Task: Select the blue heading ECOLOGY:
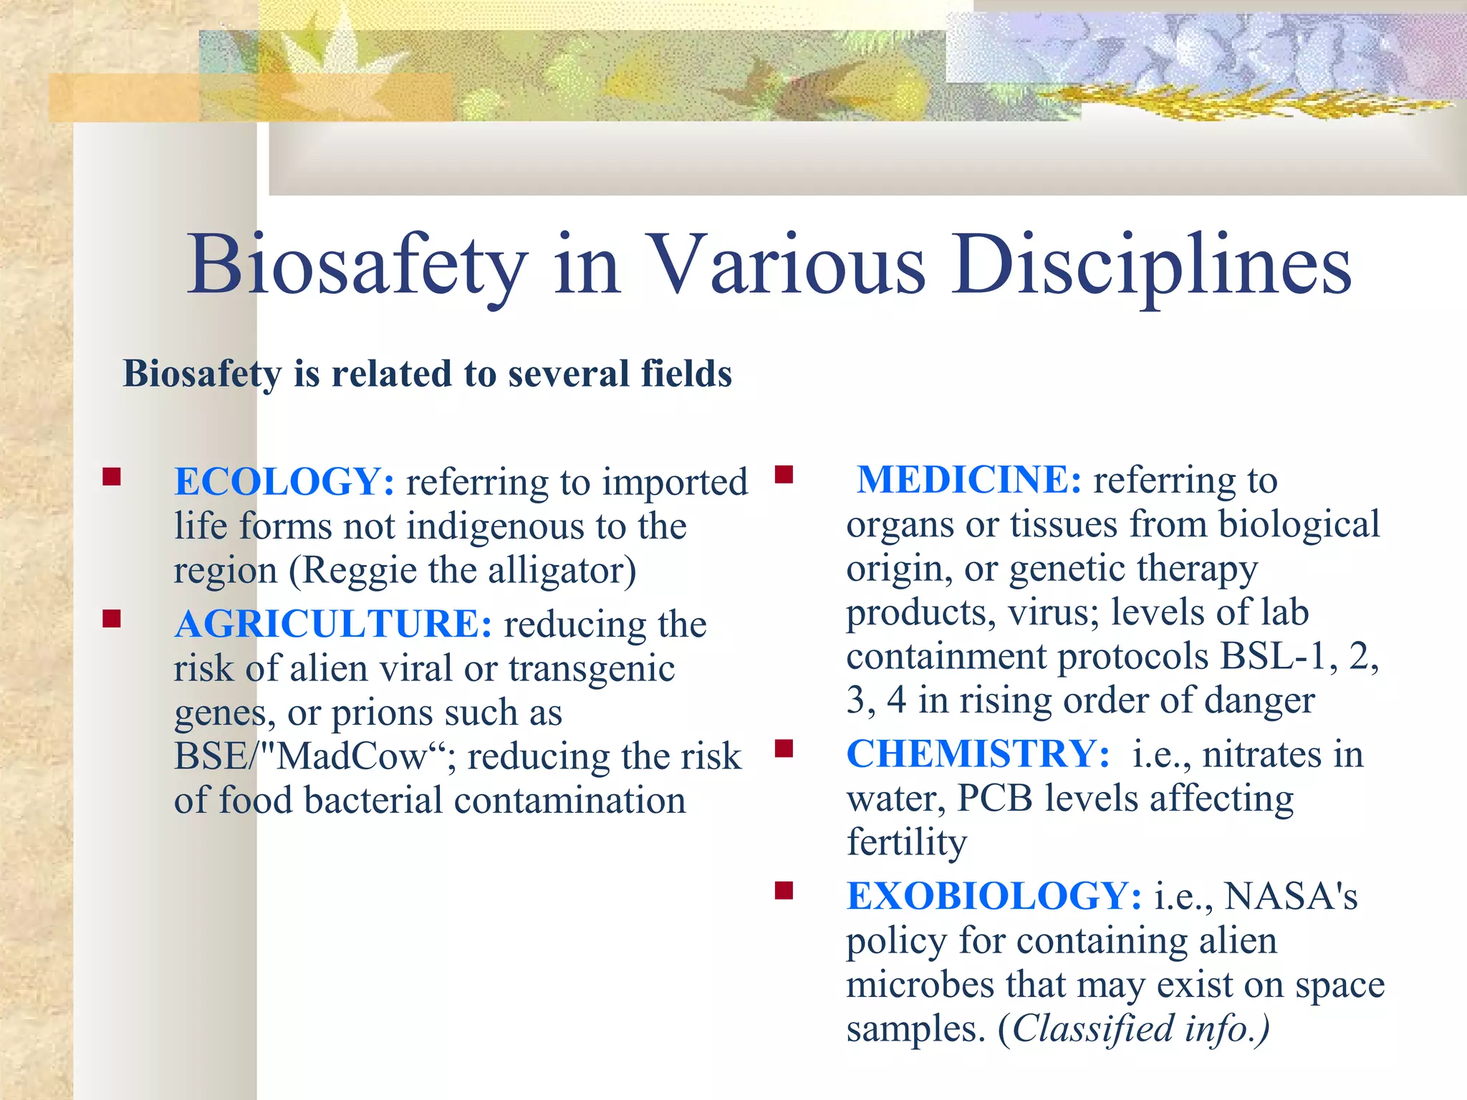284,481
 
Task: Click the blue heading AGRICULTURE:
333,624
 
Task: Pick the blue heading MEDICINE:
969,480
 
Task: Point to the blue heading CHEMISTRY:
978,754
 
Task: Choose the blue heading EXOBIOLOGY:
994,896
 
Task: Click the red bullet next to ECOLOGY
112,477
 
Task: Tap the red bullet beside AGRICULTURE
112,619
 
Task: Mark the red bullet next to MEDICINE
784,475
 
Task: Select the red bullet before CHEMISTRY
784,749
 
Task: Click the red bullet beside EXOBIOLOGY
784,891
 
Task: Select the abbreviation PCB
995,798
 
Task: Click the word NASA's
1291,896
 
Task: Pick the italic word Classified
1093,1029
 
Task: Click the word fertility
907,843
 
